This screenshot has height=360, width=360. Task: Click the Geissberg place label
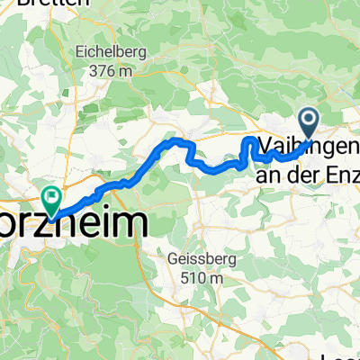tap(195, 261)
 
